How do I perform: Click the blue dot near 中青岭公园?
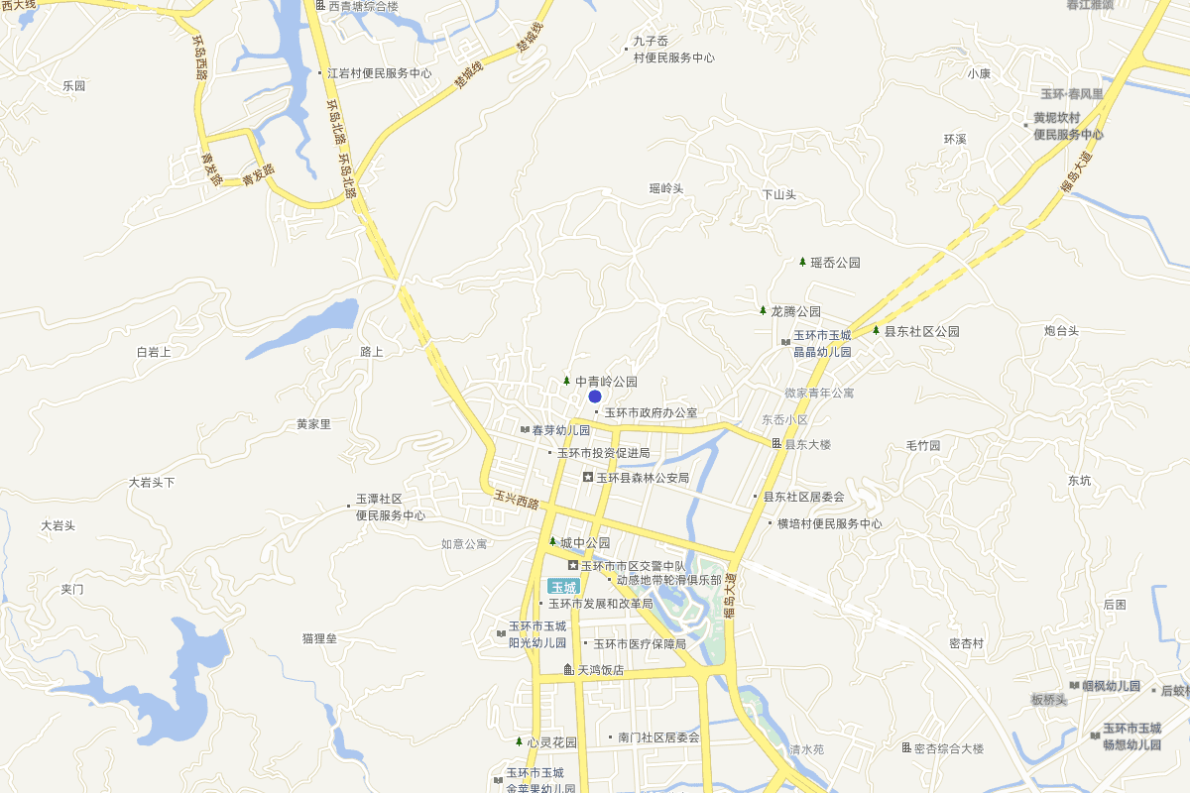point(595,396)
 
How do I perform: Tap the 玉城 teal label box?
point(563,587)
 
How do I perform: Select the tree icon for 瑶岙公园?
point(802,262)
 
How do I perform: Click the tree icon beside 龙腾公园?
point(763,310)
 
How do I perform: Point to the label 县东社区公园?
point(921,332)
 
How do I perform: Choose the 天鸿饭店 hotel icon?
point(568,670)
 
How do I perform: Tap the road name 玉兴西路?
point(517,503)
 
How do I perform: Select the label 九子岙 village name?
point(651,42)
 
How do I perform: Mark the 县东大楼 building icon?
point(777,443)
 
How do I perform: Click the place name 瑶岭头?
point(666,188)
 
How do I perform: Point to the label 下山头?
point(778,195)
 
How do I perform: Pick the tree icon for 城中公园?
point(552,541)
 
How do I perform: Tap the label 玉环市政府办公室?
point(651,412)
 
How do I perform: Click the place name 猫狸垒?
point(319,638)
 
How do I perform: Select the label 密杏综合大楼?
point(948,748)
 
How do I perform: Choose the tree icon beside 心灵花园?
point(519,740)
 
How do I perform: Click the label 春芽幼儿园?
point(560,430)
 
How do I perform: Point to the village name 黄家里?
point(313,424)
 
